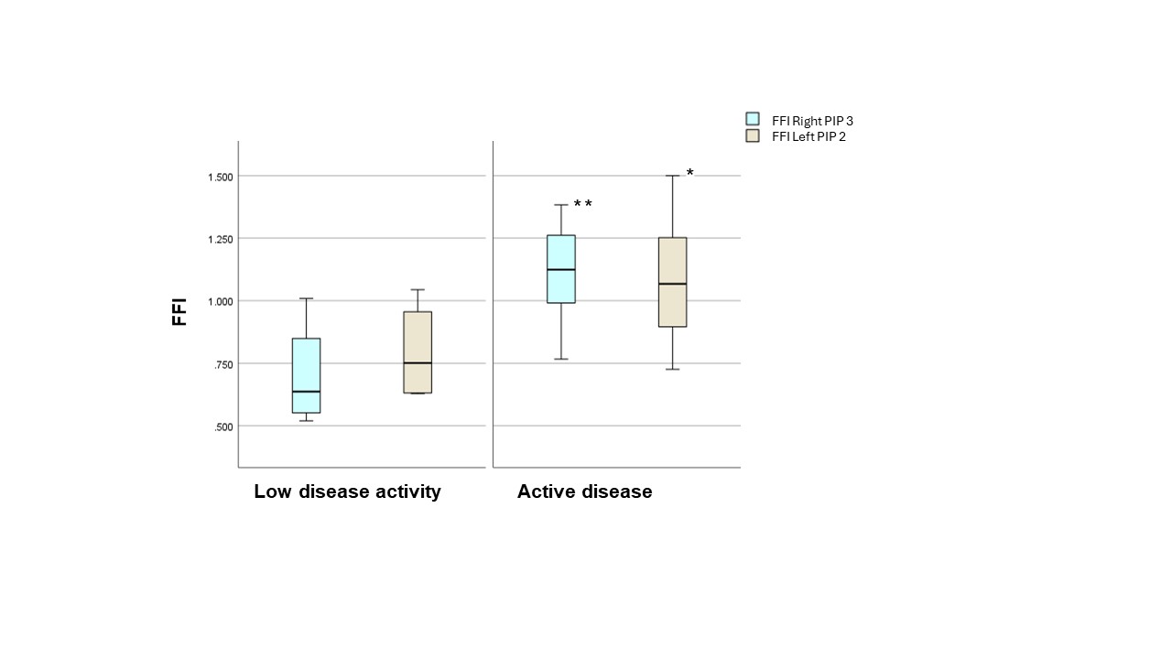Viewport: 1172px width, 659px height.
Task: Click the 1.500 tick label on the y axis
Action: pos(221,176)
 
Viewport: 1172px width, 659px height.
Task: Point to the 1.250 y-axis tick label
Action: pos(221,239)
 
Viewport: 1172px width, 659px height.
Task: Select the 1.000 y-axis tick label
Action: pos(221,301)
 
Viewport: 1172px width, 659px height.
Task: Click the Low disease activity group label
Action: pos(347,492)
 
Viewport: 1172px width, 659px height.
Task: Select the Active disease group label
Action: pos(584,492)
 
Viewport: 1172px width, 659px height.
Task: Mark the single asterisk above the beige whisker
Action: pos(689,173)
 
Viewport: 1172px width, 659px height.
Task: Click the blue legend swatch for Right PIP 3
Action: pos(753,119)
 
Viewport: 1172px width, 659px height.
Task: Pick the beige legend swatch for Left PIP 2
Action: pos(753,135)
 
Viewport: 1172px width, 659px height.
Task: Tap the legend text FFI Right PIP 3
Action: pos(812,120)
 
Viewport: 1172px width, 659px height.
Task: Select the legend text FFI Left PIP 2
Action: pos(808,136)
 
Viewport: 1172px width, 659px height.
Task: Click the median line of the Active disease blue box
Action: pos(560,270)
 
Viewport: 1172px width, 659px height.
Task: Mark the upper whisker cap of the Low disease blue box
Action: pos(306,298)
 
